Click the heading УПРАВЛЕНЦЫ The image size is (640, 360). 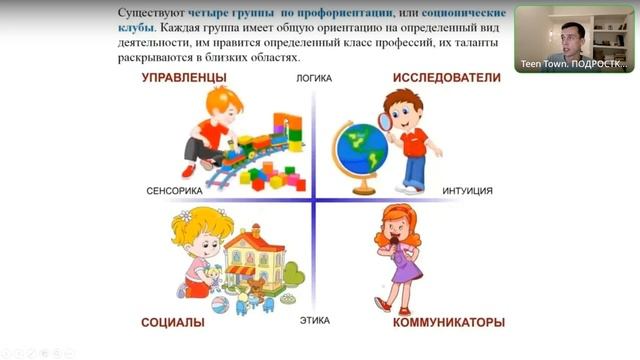point(184,78)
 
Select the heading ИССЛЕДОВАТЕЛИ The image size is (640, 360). point(447,78)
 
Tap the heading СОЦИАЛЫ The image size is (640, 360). point(173,322)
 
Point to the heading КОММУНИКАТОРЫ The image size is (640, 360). point(449,322)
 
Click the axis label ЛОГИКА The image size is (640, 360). point(314,78)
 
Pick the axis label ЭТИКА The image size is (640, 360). point(315,321)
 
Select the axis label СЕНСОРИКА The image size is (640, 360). point(174,191)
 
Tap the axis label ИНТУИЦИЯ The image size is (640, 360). point(467,191)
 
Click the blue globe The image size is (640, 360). point(361,149)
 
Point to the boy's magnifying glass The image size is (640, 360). point(385,122)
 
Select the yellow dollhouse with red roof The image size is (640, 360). point(254,255)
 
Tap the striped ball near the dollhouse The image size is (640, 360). point(220,305)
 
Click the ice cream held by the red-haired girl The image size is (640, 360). point(394,242)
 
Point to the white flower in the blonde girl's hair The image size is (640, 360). point(186,215)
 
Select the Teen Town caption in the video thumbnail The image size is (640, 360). point(574,64)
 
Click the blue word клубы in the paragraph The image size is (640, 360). point(136,28)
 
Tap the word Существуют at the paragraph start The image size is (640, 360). point(151,13)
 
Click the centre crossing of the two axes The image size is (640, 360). point(313,200)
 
